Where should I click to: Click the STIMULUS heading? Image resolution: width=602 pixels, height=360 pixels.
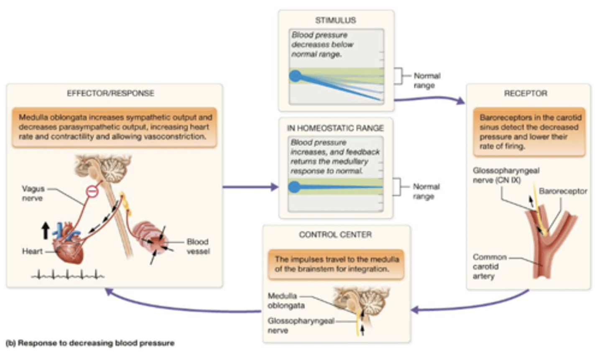tap(336, 20)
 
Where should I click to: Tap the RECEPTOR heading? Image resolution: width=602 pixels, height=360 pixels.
tap(525, 93)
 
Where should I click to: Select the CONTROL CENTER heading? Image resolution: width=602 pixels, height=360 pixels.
tap(335, 235)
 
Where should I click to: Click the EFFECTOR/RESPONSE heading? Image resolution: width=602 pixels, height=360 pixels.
tap(110, 93)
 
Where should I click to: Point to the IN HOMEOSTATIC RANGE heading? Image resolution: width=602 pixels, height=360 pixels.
tap(335, 128)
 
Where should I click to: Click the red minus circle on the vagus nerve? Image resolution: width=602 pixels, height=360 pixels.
tap(92, 191)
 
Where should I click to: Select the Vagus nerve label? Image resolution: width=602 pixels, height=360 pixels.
tap(33, 193)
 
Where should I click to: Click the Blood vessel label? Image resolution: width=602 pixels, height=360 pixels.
tap(198, 246)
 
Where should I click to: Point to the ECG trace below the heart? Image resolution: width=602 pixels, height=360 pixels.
tap(68, 275)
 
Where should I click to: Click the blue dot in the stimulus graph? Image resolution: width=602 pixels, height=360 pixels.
tap(296, 76)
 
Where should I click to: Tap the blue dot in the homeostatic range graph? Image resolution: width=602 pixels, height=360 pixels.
tap(294, 187)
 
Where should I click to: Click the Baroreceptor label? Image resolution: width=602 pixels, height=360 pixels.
tap(563, 191)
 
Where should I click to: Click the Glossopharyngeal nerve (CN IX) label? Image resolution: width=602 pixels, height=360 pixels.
tap(506, 175)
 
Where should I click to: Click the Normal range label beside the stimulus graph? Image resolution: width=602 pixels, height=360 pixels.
tap(426, 80)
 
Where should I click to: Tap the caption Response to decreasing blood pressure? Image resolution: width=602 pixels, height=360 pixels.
tap(90, 343)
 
